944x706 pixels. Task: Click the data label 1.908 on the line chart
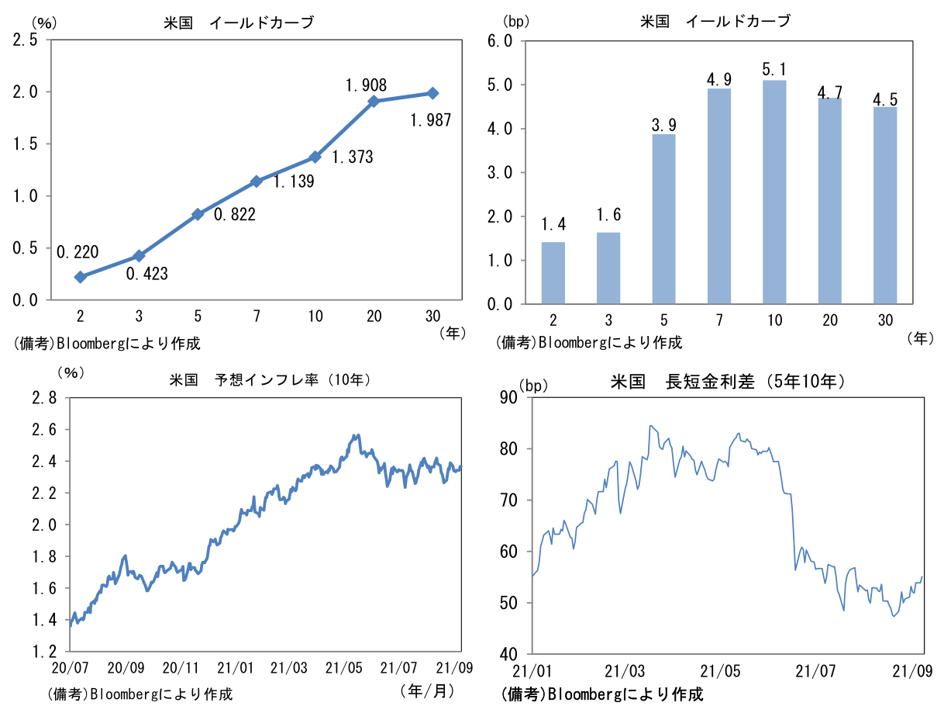click(366, 85)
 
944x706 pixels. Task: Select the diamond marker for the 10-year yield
click(315, 157)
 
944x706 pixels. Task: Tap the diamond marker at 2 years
click(80, 277)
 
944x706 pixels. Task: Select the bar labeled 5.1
click(773, 192)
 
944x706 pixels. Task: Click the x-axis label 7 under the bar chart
click(718, 320)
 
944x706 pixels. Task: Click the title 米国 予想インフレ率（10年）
click(270, 380)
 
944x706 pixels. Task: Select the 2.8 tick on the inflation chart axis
click(43, 398)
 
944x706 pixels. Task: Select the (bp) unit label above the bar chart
click(516, 22)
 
